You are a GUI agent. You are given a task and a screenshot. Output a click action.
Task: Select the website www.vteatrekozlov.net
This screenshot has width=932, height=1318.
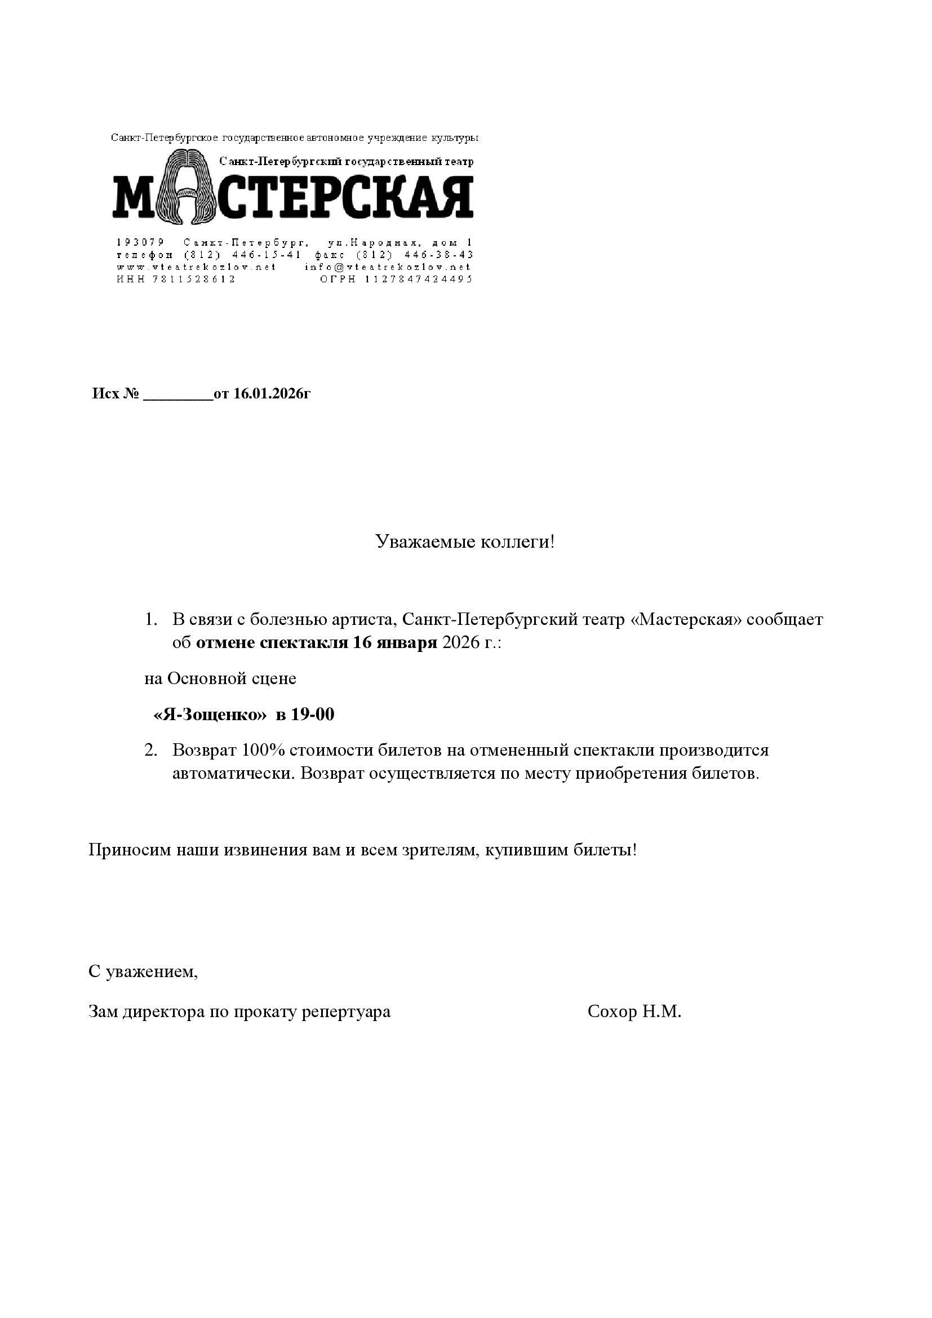[196, 267]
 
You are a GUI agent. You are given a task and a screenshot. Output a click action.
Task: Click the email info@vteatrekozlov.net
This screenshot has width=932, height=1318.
[388, 267]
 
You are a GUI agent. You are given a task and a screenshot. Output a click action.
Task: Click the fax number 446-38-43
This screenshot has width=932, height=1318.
[439, 254]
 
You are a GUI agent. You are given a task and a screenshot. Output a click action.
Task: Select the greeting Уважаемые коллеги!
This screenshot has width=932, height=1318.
[465, 542]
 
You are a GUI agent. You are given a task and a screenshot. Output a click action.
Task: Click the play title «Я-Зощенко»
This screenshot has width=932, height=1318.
[210, 715]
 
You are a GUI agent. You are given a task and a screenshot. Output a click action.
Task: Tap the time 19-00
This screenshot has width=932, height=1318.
[312, 715]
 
